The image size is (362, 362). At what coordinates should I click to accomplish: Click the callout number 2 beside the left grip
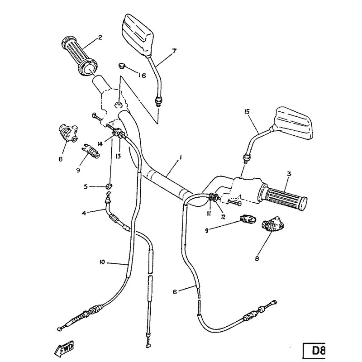[x=100, y=38]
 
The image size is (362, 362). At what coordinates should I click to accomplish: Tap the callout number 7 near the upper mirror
[x=174, y=51]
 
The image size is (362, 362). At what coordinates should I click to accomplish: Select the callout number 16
[x=142, y=75]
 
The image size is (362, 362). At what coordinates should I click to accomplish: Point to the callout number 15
[x=247, y=112]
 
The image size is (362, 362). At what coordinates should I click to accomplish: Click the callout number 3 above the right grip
[x=289, y=174]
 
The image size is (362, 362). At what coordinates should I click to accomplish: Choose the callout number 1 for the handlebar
[x=180, y=158]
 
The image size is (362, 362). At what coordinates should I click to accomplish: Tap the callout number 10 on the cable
[x=102, y=262]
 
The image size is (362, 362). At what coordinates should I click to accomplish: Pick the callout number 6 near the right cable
[x=175, y=292]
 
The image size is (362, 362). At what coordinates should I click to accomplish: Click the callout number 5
[x=86, y=186]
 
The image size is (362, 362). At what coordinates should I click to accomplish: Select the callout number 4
[x=84, y=213]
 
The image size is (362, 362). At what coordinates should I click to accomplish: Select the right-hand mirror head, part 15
[x=292, y=123]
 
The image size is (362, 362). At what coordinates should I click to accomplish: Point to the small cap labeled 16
[x=121, y=66]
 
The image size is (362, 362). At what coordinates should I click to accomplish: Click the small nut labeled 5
[x=109, y=186]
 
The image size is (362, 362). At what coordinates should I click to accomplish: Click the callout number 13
[x=118, y=156]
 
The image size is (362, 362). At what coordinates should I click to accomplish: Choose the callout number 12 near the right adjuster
[x=223, y=217]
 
